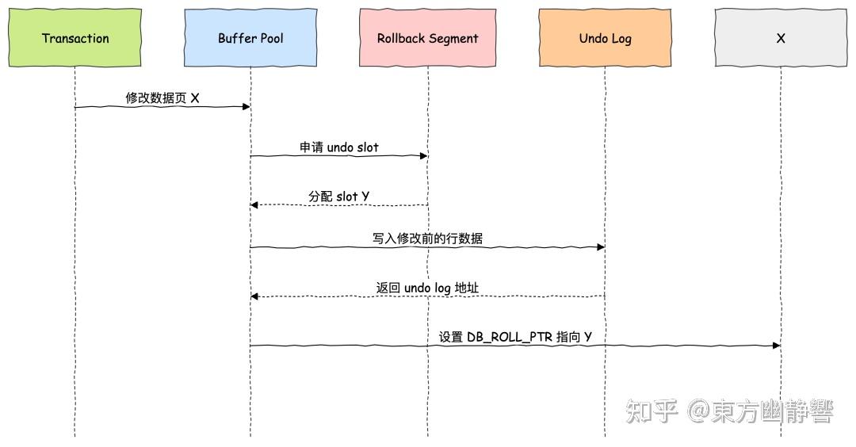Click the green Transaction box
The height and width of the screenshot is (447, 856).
tap(75, 38)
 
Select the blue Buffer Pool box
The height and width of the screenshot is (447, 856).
tap(250, 38)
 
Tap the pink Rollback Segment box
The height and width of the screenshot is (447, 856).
tap(427, 38)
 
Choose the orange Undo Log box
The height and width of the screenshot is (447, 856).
tap(605, 38)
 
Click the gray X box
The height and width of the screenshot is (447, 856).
tap(781, 38)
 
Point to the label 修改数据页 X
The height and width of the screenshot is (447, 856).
tap(162, 97)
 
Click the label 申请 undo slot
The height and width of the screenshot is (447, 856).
tap(338, 147)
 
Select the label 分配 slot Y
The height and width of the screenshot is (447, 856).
tap(338, 196)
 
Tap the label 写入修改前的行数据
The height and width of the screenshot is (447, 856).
tap(427, 238)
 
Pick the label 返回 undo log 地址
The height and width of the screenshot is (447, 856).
tap(427, 287)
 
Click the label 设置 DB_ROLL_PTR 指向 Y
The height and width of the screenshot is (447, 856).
tap(515, 337)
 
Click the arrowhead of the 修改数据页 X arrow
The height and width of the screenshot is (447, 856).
tap(246, 107)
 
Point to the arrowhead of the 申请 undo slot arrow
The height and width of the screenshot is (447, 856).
tap(423, 156)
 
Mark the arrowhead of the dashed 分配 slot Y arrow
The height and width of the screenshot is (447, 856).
tap(255, 205)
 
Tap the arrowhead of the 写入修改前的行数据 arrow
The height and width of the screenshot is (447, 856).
tap(600, 247)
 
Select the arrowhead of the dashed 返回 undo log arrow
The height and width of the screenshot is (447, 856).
tap(255, 296)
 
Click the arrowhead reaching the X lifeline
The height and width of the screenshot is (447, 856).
tap(776, 346)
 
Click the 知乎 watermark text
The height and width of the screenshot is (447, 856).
tap(652, 411)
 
